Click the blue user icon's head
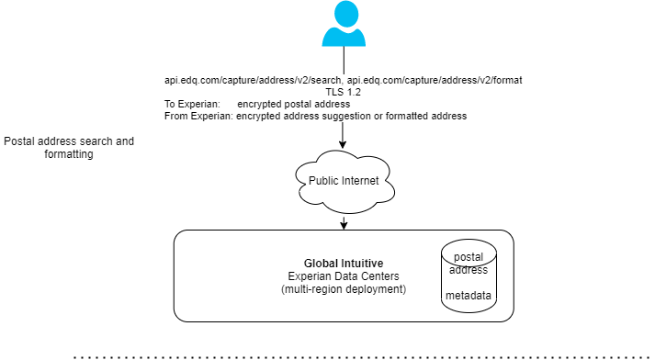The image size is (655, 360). point(344,13)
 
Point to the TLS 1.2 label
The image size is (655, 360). point(344,93)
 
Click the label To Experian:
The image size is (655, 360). point(192,105)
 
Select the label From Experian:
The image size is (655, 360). point(198,117)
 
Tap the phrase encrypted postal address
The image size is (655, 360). point(293,105)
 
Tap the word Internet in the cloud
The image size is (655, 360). point(360,181)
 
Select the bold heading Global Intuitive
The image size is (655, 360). point(344,264)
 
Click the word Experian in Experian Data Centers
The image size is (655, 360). point(311,276)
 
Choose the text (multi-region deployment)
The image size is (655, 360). point(344,289)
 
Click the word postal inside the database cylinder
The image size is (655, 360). point(469,256)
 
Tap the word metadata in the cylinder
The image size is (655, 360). point(469,296)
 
